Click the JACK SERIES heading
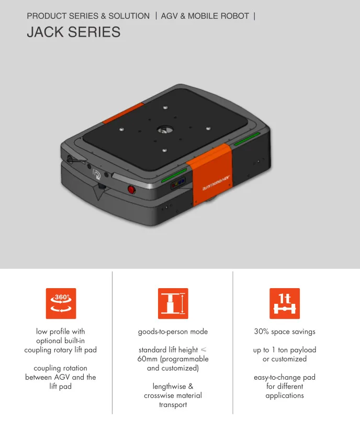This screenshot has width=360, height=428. [x=73, y=32]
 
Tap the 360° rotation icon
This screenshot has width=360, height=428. [x=61, y=303]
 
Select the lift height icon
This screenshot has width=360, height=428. [x=173, y=303]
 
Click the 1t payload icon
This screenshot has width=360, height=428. [x=284, y=303]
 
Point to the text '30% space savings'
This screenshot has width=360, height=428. [x=285, y=332]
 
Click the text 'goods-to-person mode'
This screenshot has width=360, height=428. [x=173, y=332]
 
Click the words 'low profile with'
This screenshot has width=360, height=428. [x=61, y=332]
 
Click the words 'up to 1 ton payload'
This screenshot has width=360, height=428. [x=285, y=350]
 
